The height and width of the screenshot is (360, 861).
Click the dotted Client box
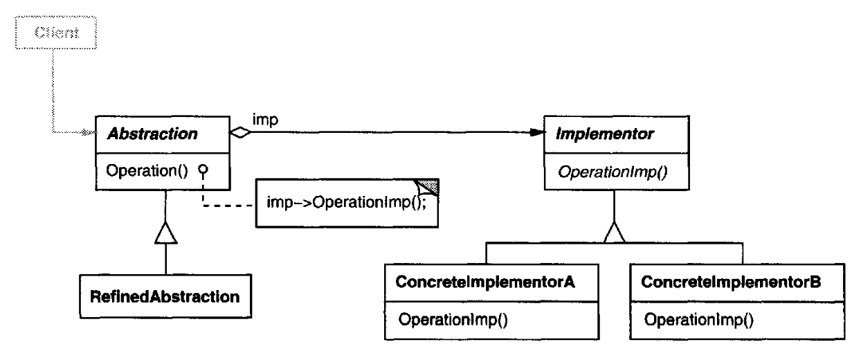(56, 17)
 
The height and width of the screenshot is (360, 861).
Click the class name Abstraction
(152, 134)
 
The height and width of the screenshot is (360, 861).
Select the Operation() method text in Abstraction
(147, 170)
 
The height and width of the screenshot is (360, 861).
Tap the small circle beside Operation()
(203, 169)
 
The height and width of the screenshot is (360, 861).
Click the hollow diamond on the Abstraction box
(240, 133)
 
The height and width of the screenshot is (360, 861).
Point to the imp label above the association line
(265, 120)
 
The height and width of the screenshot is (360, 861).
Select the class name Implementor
(605, 134)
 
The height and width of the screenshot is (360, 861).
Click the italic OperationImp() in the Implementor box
(613, 172)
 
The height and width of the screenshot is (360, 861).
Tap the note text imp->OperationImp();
(346, 202)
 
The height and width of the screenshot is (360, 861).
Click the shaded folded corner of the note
(428, 186)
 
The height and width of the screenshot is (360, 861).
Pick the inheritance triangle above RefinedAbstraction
(166, 233)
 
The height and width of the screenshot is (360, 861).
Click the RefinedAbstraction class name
(165, 296)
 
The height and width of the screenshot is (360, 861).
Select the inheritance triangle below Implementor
(614, 233)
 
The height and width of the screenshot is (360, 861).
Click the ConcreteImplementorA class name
(485, 282)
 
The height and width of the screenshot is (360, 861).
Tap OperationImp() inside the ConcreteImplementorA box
(453, 320)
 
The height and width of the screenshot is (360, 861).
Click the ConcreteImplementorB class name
(731, 282)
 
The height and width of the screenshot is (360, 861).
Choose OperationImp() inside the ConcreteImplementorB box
(699, 320)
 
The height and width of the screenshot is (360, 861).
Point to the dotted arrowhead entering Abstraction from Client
(88, 132)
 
